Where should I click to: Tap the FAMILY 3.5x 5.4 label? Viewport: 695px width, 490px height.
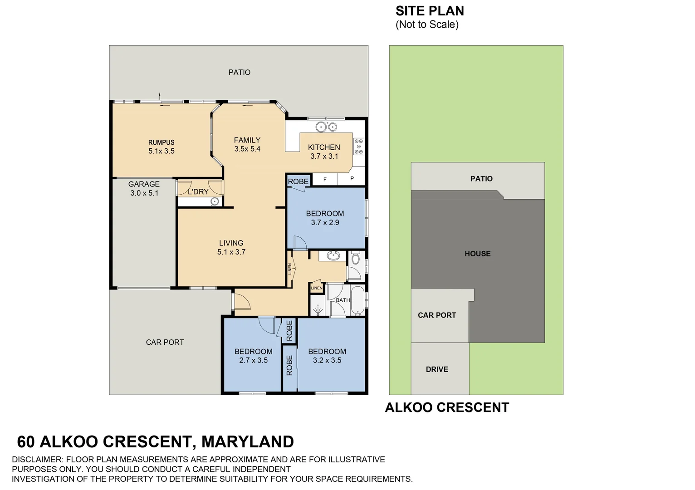[x=247, y=144]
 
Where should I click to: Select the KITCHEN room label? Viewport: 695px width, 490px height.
[x=324, y=147]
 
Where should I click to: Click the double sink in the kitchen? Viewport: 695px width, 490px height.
[x=326, y=127]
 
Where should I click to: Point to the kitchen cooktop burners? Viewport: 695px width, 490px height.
[x=359, y=147]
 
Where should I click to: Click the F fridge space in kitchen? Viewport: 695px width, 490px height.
[x=325, y=179]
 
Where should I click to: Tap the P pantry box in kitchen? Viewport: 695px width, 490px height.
[x=352, y=179]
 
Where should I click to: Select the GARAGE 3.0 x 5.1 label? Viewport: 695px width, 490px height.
[x=144, y=188]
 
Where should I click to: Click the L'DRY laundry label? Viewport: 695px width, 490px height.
[x=198, y=192]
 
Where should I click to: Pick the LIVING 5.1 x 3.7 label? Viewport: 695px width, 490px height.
[x=231, y=247]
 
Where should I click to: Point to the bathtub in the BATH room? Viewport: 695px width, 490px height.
[x=358, y=300]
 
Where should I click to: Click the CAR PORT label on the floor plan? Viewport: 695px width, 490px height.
[x=165, y=342]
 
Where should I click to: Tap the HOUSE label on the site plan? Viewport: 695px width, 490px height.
[x=477, y=254]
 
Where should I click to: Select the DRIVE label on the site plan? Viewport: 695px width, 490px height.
[x=437, y=369]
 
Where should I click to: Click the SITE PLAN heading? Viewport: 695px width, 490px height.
[x=430, y=11]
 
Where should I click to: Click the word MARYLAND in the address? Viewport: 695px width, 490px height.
[x=247, y=441]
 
